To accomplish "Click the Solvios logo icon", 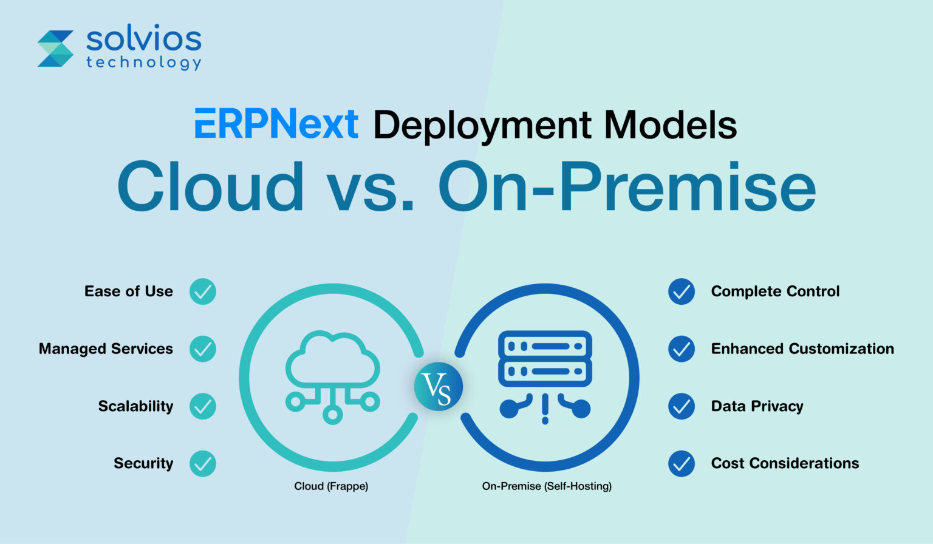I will [55, 48].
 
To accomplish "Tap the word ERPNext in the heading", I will [276, 124].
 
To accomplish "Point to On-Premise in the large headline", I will [626, 186].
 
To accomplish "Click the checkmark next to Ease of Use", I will [203, 291].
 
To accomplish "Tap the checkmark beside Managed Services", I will [203, 349].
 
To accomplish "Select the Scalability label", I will [135, 406].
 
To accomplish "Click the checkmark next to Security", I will [203, 464].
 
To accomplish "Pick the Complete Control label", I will [775, 291].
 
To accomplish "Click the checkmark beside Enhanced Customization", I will [682, 349].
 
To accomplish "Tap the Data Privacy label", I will [757, 406].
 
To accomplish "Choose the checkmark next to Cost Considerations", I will [682, 464].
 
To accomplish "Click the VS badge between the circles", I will [438, 387].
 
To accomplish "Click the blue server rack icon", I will [545, 358].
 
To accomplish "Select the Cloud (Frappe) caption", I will [331, 486].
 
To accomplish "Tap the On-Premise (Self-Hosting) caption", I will [547, 486].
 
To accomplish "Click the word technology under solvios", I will [143, 63].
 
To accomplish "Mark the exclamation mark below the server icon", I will [545, 409].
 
